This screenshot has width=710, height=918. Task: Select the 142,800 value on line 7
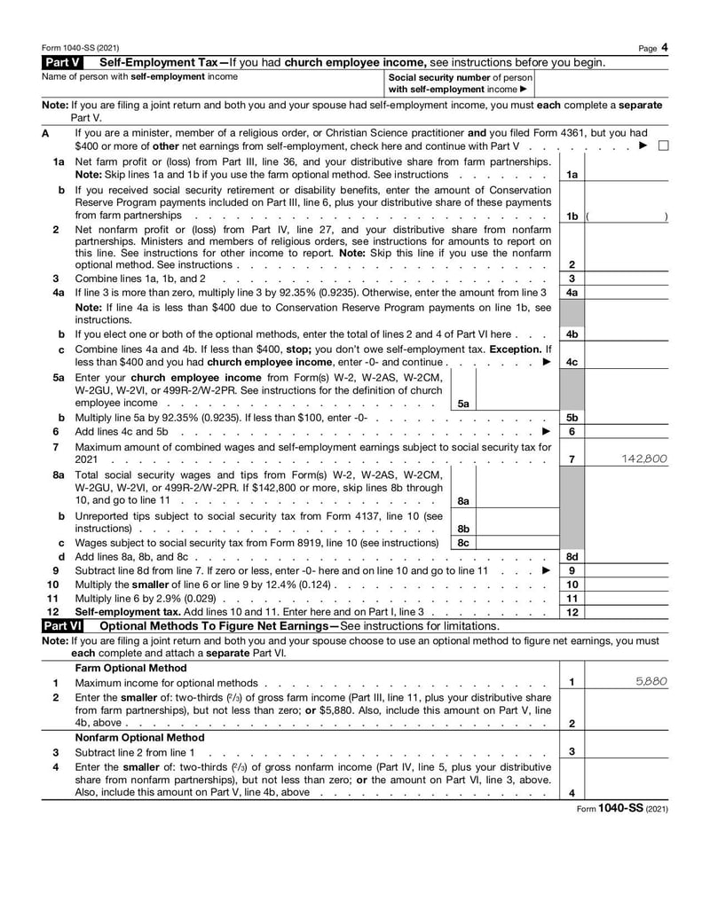645,459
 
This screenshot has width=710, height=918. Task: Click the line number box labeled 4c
572,363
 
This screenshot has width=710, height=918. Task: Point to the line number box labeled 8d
572,557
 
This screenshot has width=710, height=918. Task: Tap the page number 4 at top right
665,47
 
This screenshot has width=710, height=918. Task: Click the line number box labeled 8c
462,542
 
